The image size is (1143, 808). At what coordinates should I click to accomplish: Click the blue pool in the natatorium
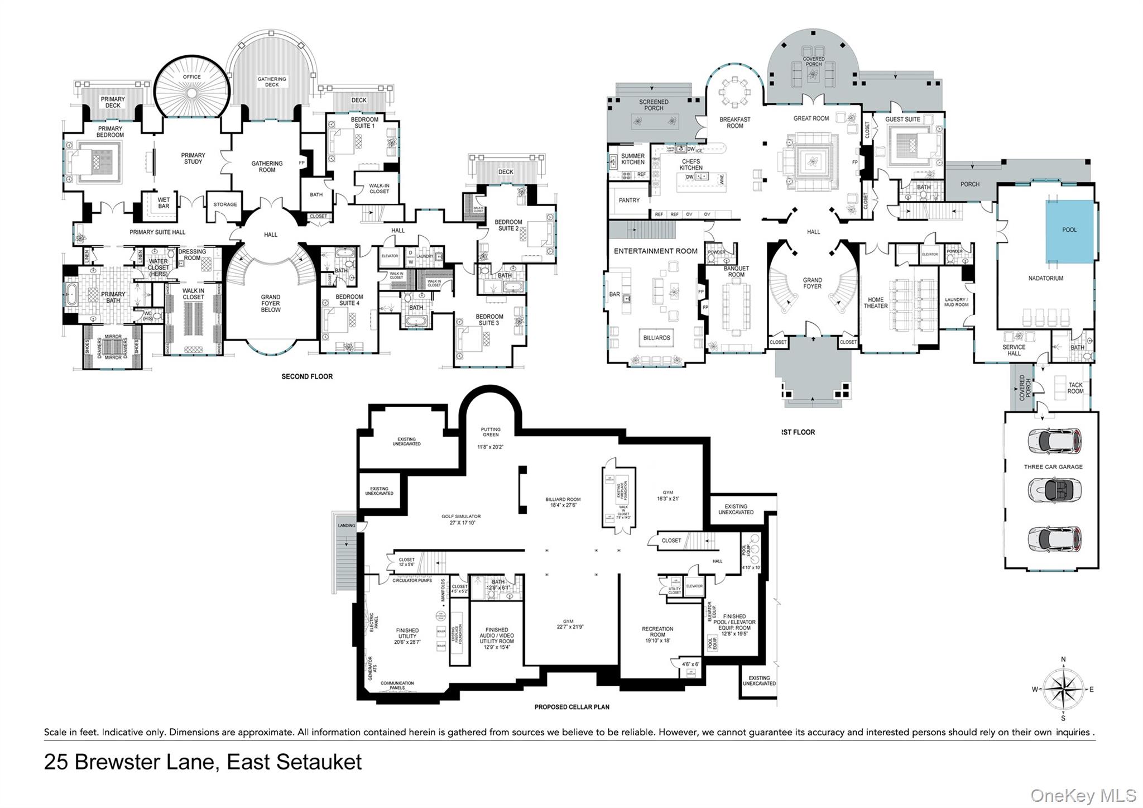click(1069, 230)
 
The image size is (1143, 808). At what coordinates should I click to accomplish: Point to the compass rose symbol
click(1063, 689)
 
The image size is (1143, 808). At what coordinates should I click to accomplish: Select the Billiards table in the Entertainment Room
click(656, 338)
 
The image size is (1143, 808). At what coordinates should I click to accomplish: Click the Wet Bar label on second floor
click(164, 203)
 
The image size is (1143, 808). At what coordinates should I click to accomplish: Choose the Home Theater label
click(875, 303)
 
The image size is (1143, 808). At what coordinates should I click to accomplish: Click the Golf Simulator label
click(461, 519)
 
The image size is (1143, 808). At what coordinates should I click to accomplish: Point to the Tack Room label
click(1075, 388)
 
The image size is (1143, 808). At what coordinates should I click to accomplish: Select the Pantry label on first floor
click(629, 200)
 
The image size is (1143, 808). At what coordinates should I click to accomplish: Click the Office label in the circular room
click(192, 77)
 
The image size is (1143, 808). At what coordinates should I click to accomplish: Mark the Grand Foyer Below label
click(271, 303)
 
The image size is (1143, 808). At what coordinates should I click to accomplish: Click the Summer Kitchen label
click(633, 159)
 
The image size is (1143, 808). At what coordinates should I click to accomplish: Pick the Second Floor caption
click(307, 377)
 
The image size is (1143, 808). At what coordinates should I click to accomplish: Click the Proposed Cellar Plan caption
click(571, 707)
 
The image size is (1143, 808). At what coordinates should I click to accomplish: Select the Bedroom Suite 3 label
click(489, 319)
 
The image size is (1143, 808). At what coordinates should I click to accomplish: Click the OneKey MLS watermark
click(1083, 796)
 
